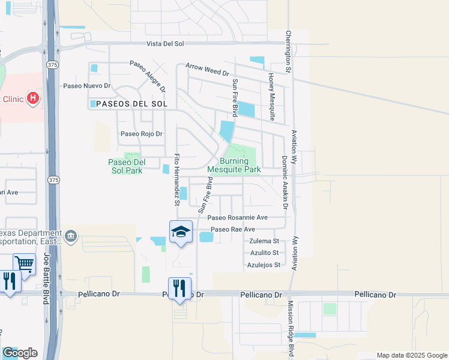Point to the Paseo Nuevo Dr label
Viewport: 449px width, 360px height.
click(x=88, y=86)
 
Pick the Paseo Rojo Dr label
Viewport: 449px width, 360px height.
click(x=142, y=134)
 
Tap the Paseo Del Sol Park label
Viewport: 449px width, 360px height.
click(x=125, y=166)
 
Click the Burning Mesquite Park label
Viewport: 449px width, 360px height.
click(x=234, y=166)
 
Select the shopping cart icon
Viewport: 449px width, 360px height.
click(x=24, y=263)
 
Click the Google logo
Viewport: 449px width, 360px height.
click(x=20, y=353)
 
